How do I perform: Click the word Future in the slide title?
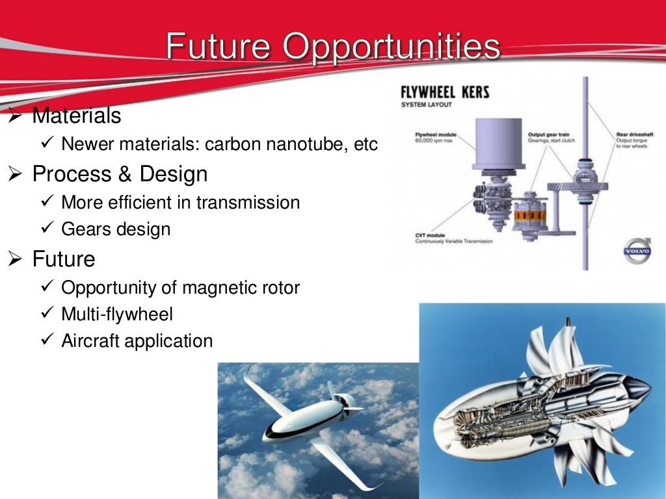click(x=219, y=47)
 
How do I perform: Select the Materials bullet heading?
click(x=77, y=116)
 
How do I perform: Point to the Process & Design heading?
click(x=120, y=174)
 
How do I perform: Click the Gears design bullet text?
click(x=116, y=229)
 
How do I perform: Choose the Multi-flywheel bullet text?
click(x=117, y=314)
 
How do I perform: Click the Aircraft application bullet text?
click(x=137, y=340)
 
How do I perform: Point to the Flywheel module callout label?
click(x=436, y=136)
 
